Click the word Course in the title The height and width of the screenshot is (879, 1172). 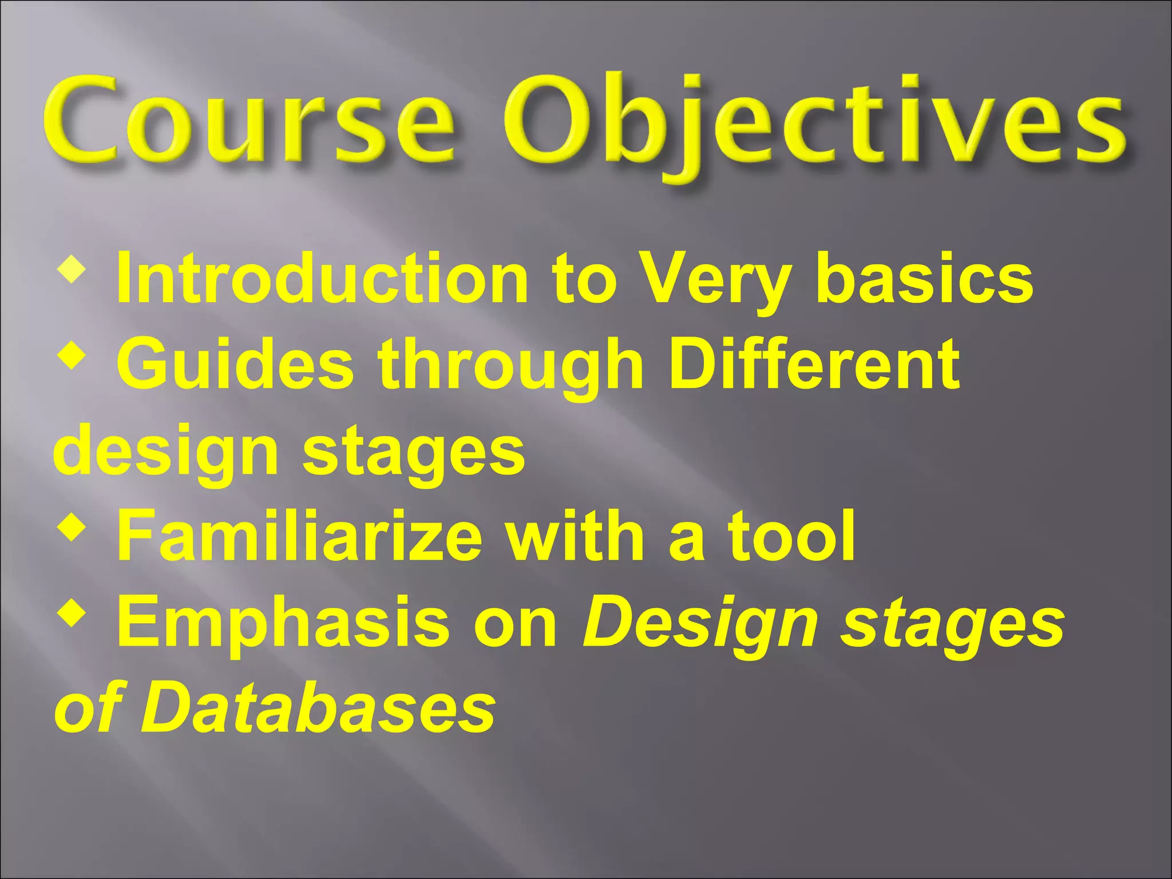[247, 123]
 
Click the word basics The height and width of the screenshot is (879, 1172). [924, 279]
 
